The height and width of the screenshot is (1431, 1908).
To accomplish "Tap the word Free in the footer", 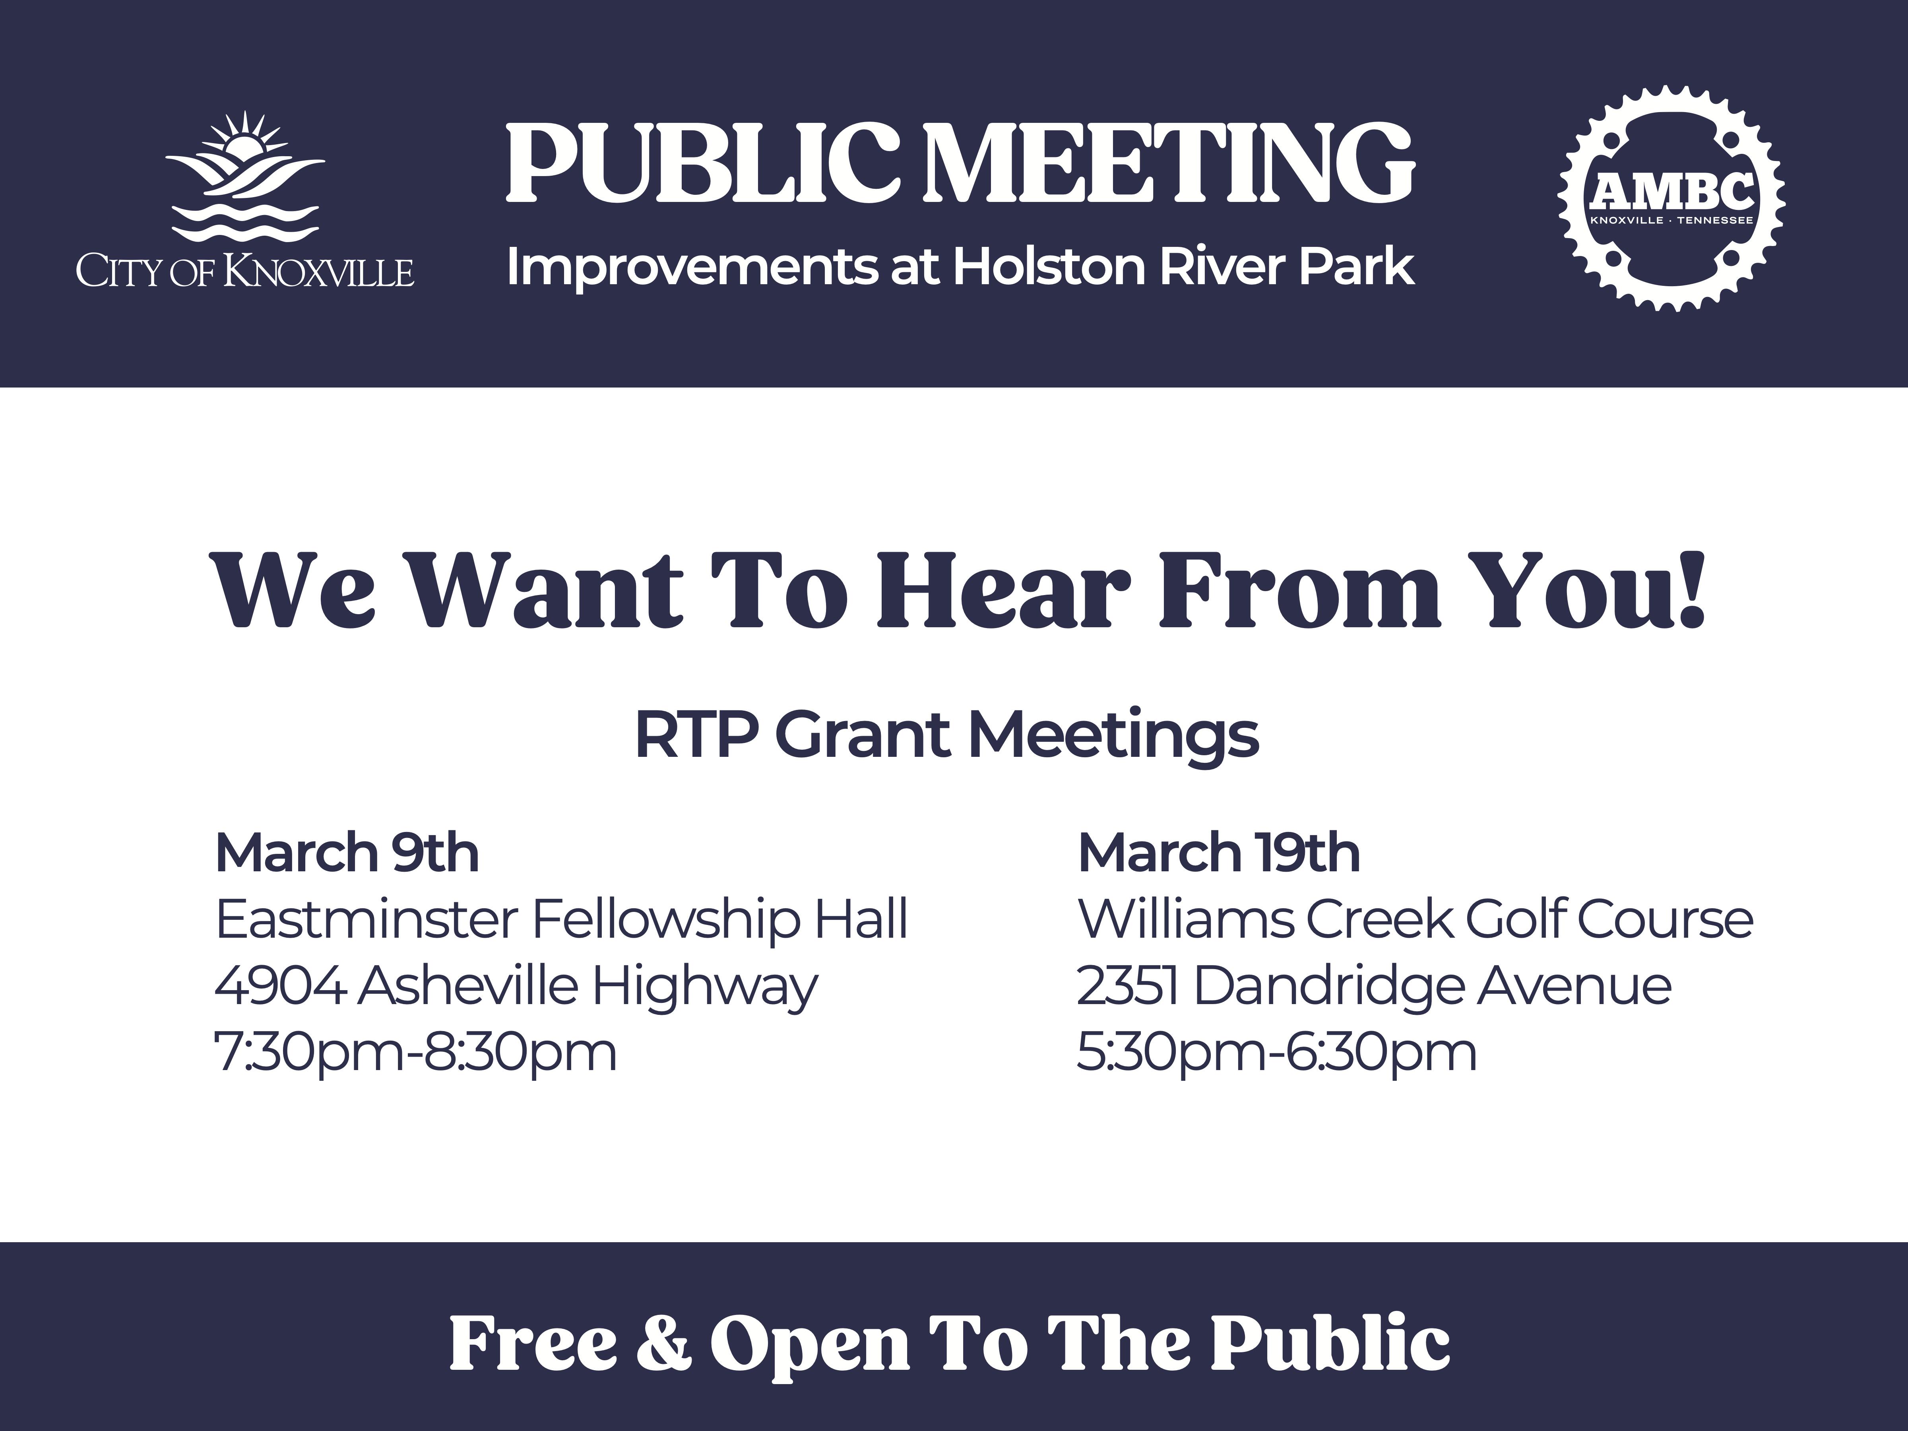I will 532,1342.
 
